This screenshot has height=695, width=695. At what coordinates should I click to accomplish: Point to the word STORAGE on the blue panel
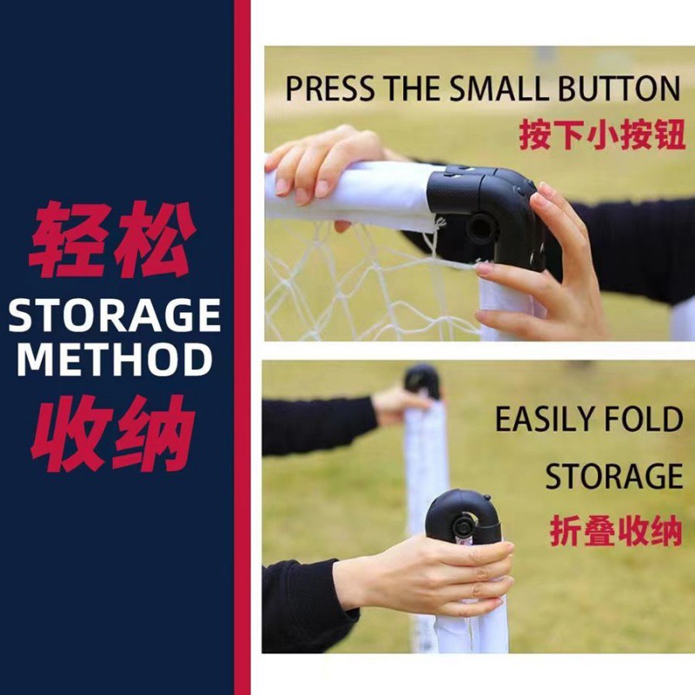pos(115,315)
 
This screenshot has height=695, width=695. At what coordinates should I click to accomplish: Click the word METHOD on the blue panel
pos(115,360)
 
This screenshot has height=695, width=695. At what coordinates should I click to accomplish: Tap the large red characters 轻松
pos(112,240)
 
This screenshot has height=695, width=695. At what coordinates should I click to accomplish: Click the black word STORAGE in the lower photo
pos(614,476)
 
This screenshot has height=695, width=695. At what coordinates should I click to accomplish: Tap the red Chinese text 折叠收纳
pos(615,532)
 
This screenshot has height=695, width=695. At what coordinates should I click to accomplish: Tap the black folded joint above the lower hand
pos(464,516)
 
